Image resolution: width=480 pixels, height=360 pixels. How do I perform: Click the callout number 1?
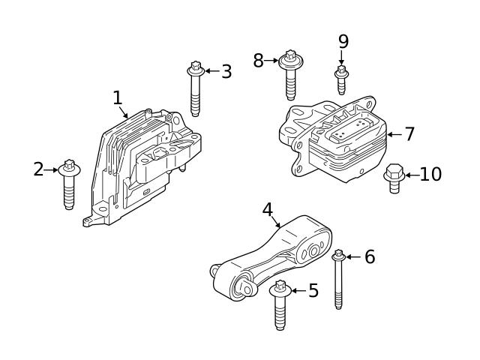117,97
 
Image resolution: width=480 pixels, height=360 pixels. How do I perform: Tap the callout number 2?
38,169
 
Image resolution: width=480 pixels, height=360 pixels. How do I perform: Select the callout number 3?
226,72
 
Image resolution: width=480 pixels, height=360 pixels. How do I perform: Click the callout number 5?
313,290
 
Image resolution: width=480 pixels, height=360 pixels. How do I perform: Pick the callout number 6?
369,257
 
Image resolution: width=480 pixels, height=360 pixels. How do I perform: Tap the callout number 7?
409,134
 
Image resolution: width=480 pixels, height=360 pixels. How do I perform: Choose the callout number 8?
258,61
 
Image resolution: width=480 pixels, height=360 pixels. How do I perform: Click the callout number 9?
343,41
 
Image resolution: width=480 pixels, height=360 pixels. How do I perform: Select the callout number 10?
430,175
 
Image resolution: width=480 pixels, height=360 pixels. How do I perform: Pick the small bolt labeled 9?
341,79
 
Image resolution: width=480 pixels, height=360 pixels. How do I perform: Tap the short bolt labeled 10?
394,178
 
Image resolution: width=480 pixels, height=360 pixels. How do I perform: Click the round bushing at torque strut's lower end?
244,287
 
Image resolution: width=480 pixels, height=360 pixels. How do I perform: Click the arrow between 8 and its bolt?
271,61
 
